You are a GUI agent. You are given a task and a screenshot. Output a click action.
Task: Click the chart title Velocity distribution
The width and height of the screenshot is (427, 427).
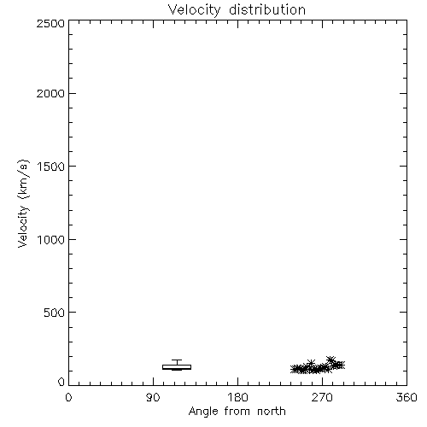pos(237,10)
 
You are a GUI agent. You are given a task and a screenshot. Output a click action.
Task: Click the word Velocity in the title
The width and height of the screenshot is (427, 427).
pos(194,10)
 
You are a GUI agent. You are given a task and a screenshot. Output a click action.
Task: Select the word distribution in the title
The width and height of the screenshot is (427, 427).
pos(267,9)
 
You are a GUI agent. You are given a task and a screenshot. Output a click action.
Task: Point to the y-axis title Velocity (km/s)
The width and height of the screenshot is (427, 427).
pos(23,203)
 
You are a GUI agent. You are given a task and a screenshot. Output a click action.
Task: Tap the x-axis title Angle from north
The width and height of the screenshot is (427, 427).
pos(237,412)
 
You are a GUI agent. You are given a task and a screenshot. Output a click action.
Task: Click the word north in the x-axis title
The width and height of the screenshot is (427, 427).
pos(272,411)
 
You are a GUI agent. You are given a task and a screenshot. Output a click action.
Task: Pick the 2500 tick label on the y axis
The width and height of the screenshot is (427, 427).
pos(50,23)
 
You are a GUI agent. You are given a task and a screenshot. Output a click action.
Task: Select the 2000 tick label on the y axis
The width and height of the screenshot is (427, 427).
pos(50,93)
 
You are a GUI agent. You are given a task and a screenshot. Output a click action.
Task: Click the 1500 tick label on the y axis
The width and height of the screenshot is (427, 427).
pos(51,167)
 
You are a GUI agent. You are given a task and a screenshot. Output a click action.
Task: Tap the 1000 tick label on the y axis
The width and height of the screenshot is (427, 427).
pos(51,240)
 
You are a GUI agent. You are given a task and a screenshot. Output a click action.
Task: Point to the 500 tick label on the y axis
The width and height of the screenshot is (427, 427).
pos(55,313)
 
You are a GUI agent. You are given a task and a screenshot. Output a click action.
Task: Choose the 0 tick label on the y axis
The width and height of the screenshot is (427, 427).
pos(61,382)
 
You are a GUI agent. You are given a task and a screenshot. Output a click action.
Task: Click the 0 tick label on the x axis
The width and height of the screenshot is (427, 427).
pos(68,397)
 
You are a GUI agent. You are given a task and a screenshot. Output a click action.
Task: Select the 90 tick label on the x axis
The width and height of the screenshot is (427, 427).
pos(153,397)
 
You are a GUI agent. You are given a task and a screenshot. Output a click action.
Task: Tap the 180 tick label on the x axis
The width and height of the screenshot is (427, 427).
pos(237,397)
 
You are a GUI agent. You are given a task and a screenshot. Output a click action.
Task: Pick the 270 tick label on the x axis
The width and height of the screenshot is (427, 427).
pos(322,397)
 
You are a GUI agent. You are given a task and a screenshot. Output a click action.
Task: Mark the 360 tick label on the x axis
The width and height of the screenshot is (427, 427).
pos(407,397)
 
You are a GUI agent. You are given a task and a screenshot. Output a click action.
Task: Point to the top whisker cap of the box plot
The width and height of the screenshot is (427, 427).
pos(177,360)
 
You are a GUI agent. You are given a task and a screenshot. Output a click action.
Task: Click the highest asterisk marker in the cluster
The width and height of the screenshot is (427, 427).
pos(330,360)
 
